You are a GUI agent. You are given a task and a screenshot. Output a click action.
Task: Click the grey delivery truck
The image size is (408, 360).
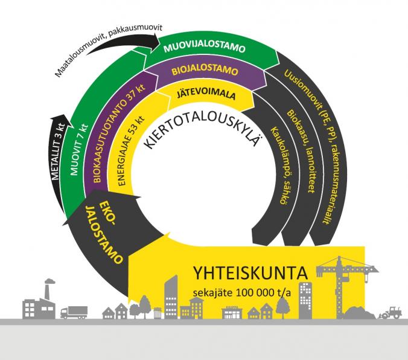point(74,311)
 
